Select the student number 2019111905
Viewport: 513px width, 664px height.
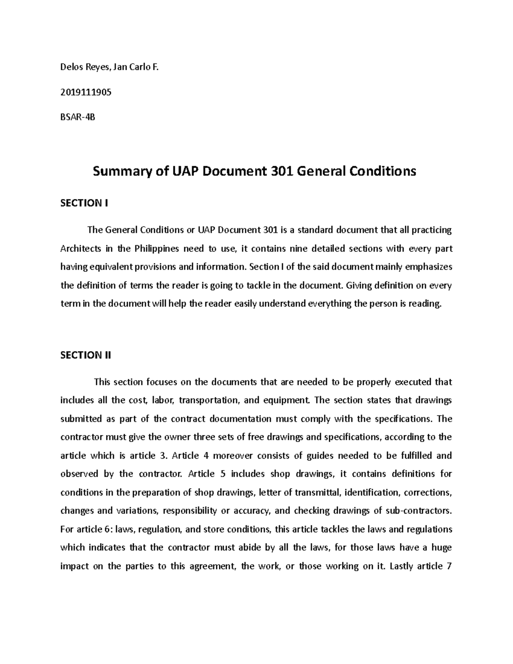(x=86, y=92)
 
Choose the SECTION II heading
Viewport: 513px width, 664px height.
(x=86, y=355)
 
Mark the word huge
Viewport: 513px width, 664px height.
(x=442, y=548)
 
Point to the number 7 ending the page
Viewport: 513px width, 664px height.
(x=449, y=566)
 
